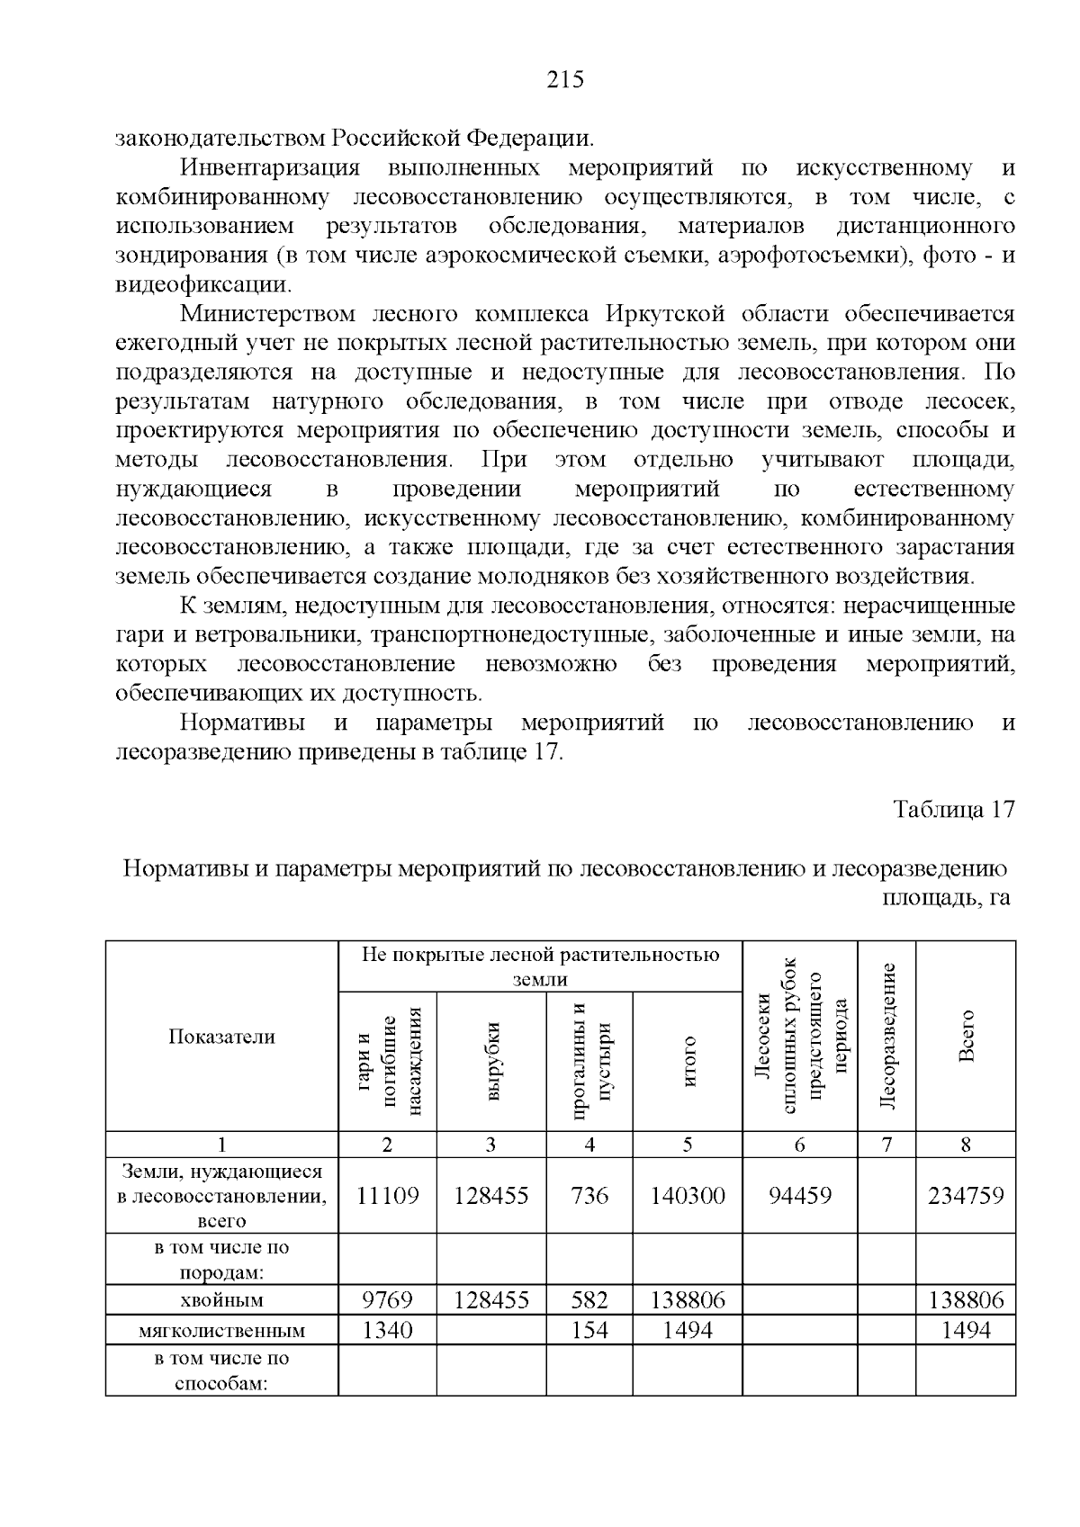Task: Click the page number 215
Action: coord(565,80)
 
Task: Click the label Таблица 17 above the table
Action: coord(953,809)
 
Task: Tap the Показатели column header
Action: coord(221,1037)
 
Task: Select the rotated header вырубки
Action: coord(492,1062)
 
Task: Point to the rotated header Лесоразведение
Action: coord(887,1036)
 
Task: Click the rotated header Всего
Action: coord(967,1036)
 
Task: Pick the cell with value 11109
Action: coord(387,1195)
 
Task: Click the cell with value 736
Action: coord(589,1195)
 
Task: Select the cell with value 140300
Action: coord(688,1195)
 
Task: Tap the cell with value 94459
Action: coord(799,1195)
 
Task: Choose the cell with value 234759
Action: coord(966,1195)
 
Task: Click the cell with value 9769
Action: coord(387,1299)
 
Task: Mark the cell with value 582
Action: coord(589,1299)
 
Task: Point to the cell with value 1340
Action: coord(387,1329)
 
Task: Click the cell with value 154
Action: coord(589,1329)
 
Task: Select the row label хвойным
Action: coord(221,1300)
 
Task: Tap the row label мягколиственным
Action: coord(221,1330)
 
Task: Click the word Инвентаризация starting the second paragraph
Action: coord(270,168)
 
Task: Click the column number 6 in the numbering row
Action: coord(799,1145)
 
